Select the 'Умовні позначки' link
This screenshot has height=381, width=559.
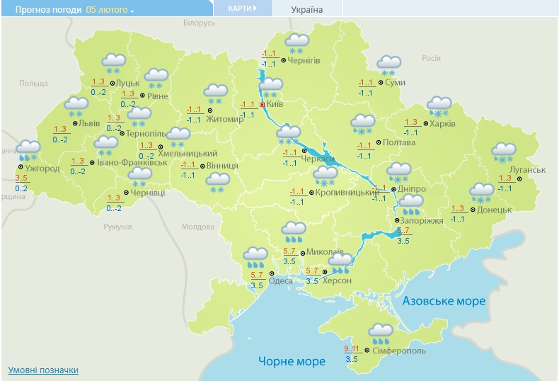pyautogui.click(x=43, y=370)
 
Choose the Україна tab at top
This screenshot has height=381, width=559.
pyautogui.click(x=307, y=9)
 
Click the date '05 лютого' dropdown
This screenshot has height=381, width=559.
pyautogui.click(x=110, y=10)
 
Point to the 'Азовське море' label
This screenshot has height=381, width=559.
pyautogui.click(x=444, y=301)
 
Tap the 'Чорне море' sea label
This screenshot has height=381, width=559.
pyautogui.click(x=292, y=361)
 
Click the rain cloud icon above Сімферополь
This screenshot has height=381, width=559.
pyautogui.click(x=381, y=331)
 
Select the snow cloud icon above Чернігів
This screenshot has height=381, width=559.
pyautogui.click(x=295, y=44)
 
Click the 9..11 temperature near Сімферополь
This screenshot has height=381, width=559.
pyautogui.click(x=352, y=349)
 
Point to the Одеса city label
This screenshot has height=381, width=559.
pyautogui.click(x=281, y=280)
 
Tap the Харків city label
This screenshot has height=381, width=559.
pyautogui.click(x=442, y=124)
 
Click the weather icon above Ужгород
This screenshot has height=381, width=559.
pyautogui.click(x=28, y=150)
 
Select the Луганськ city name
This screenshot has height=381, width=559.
pyautogui.click(x=530, y=170)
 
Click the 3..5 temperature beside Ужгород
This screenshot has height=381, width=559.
pyautogui.click(x=21, y=178)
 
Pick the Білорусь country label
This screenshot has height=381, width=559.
pyautogui.click(x=199, y=23)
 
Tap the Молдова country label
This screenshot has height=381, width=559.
pyautogui.click(x=197, y=227)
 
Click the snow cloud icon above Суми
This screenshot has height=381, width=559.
pyautogui.click(x=388, y=65)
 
